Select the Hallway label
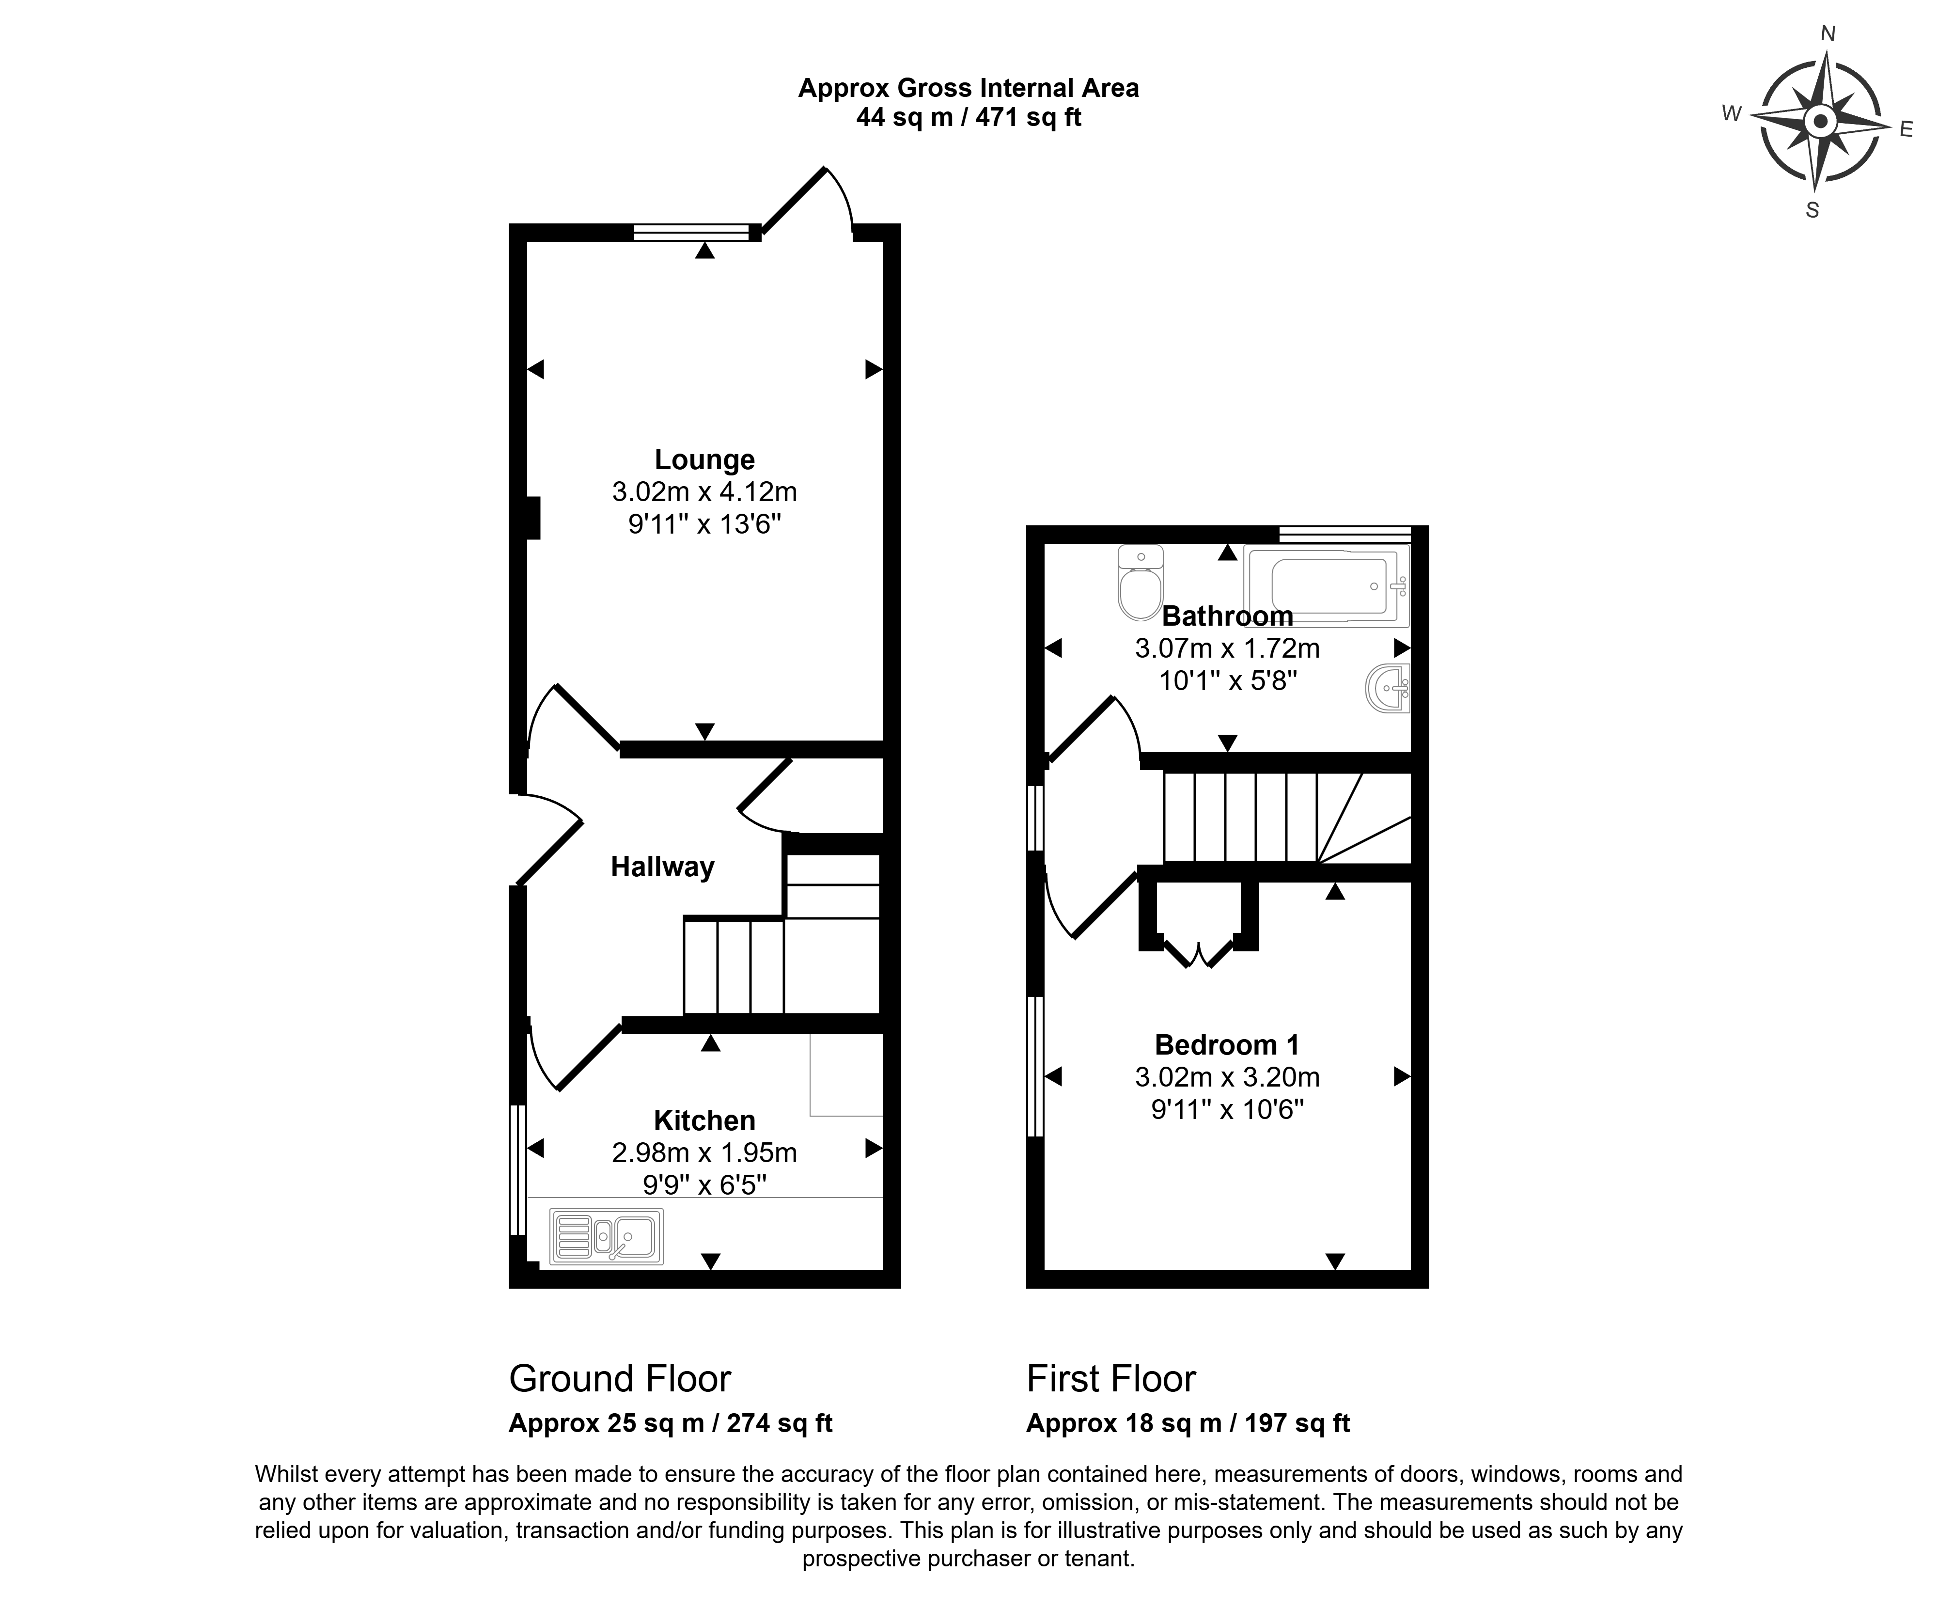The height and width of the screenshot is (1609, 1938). click(663, 867)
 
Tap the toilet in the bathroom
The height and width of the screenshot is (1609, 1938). click(1141, 583)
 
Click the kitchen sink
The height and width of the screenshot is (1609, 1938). click(606, 1237)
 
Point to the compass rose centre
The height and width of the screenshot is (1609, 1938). click(1820, 121)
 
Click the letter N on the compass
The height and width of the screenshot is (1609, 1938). click(1827, 34)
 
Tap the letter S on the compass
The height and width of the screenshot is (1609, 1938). click(1812, 210)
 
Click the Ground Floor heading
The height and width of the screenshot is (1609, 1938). click(620, 1379)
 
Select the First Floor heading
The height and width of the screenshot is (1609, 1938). click(1111, 1379)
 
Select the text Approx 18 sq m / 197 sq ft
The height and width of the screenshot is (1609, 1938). click(1188, 1423)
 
